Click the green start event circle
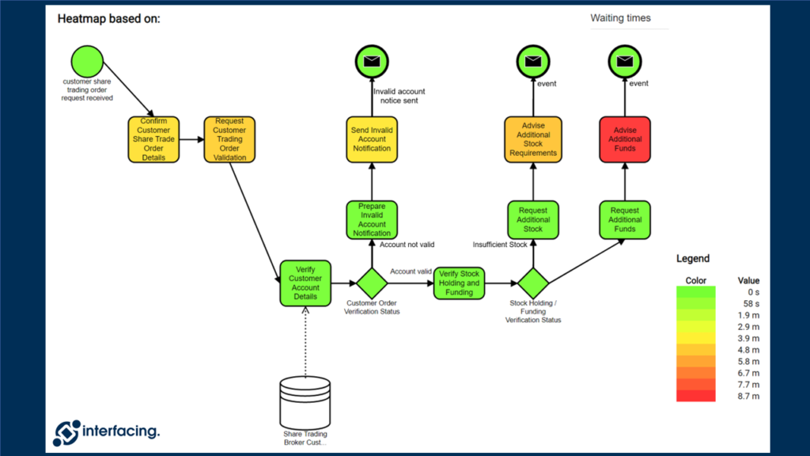coord(87,61)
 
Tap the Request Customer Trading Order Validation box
coord(229,139)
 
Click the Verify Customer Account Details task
coord(305,283)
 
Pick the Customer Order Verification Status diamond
coord(370,283)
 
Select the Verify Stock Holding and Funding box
coord(459,283)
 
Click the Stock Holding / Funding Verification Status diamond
coord(533,283)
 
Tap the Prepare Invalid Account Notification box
coord(372,219)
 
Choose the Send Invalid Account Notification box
coord(372,139)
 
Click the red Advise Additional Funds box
coord(625,139)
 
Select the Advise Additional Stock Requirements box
coord(533,139)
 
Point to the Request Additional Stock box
coord(533,219)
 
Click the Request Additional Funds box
coord(625,219)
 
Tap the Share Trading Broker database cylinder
coord(305,402)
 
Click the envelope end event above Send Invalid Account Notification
coord(372,61)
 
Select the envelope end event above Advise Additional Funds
coord(625,61)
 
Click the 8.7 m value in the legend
coord(748,396)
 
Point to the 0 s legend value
coord(752,292)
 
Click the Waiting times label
coord(621,18)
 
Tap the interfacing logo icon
coord(66,431)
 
